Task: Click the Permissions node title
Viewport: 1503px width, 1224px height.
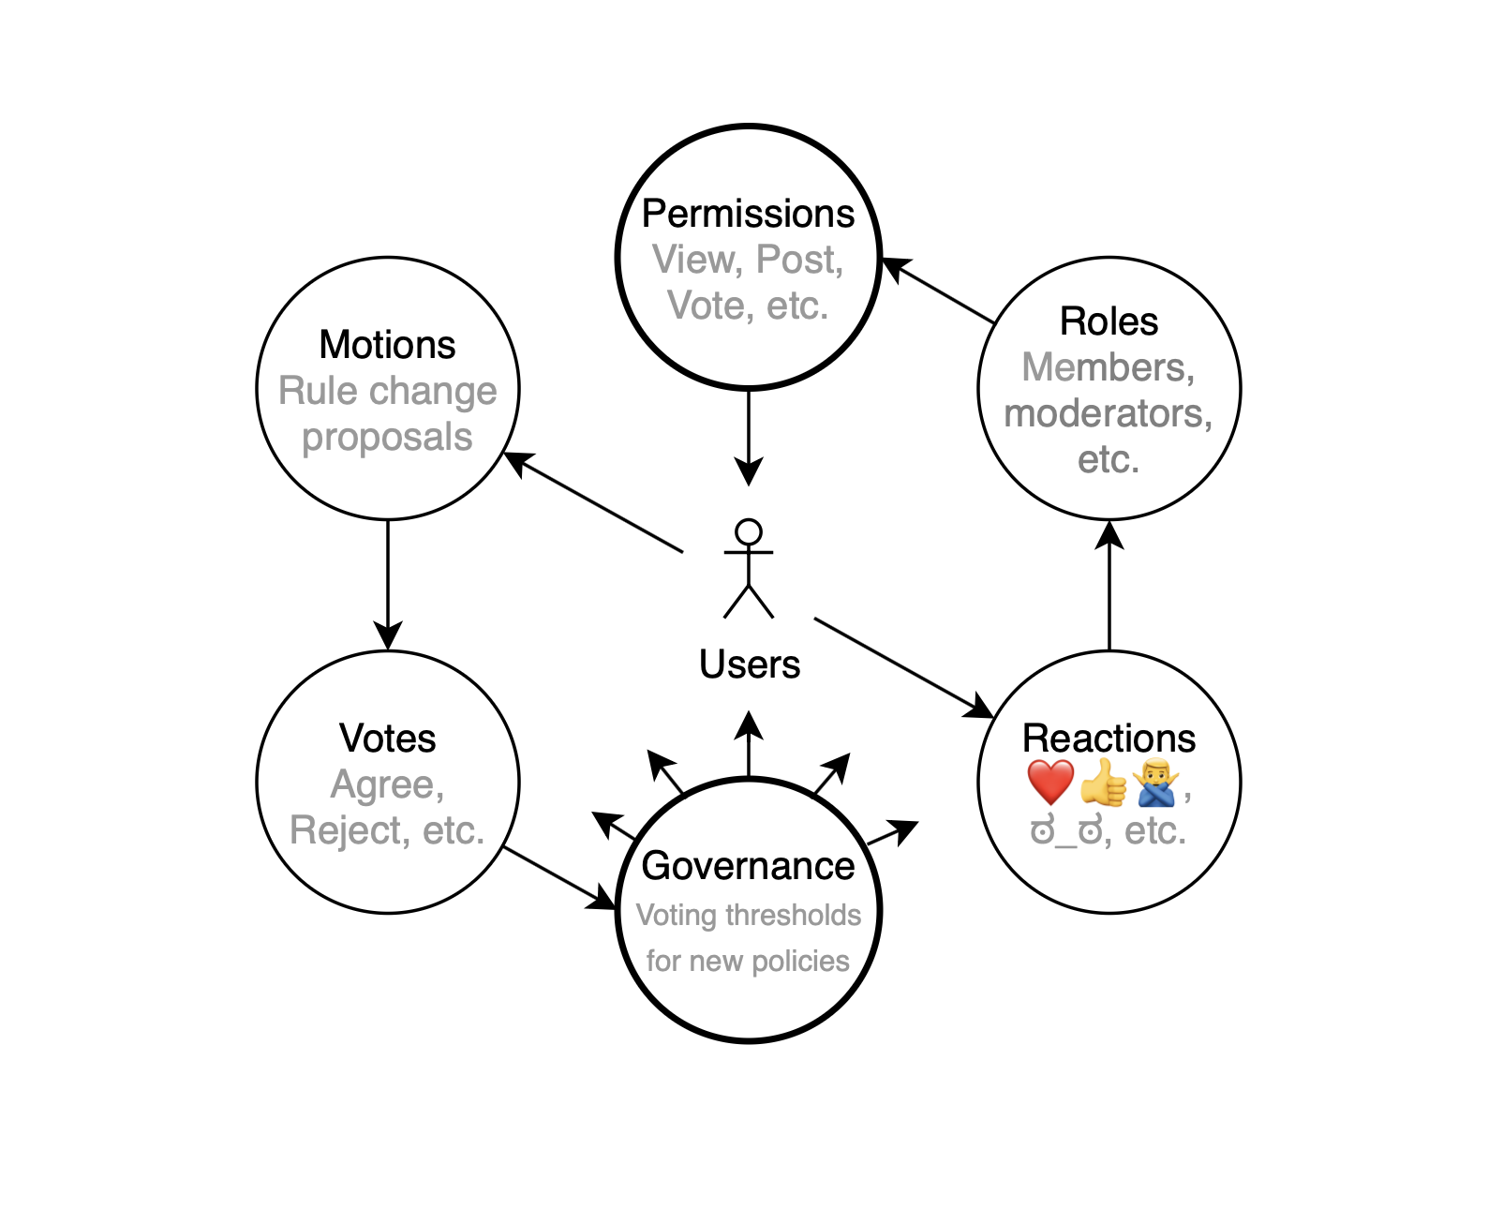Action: pos(748,214)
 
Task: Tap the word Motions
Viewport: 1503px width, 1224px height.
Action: pos(387,345)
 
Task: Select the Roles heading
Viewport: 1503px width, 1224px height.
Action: pos(1109,321)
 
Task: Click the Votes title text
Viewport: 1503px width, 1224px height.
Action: pos(387,739)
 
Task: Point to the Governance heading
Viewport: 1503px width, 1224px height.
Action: pos(748,866)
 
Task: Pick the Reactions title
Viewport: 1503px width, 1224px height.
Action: pos(1109,739)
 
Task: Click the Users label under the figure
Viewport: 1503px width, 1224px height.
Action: pos(750,664)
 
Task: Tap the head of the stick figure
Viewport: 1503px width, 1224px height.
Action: pos(749,532)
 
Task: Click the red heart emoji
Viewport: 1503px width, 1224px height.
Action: pos(1050,783)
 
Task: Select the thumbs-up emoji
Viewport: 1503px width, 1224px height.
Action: pos(1104,783)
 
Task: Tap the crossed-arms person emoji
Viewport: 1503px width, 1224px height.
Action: pos(1155,783)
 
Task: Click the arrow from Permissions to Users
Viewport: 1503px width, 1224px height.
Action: pos(749,436)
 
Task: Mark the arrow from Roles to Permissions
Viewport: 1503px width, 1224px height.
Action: pos(937,291)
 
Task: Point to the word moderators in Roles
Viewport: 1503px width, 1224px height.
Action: pos(1108,413)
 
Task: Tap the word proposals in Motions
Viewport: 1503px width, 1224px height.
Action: pos(387,437)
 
